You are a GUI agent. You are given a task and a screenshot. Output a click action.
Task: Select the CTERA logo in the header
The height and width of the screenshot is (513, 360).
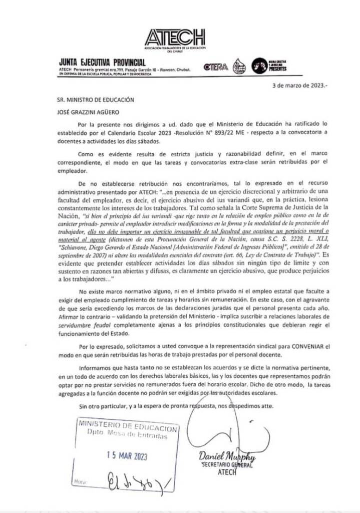point(216,67)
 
